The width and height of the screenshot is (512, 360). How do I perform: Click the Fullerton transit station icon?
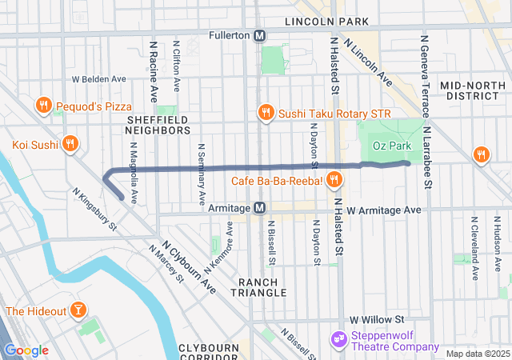click(x=260, y=36)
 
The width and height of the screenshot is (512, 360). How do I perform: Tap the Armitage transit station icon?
click(x=260, y=208)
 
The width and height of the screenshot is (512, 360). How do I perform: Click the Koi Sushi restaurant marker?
click(x=70, y=144)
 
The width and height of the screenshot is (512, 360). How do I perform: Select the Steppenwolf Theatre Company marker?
click(x=338, y=339)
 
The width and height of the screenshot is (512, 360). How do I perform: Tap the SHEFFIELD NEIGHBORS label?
click(x=158, y=124)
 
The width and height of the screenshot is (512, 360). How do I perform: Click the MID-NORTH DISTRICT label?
click(x=474, y=90)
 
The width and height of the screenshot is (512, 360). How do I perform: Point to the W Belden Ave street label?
click(x=99, y=79)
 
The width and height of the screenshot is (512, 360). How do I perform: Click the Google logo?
click(x=26, y=350)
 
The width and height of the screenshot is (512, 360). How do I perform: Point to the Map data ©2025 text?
click(x=477, y=354)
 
